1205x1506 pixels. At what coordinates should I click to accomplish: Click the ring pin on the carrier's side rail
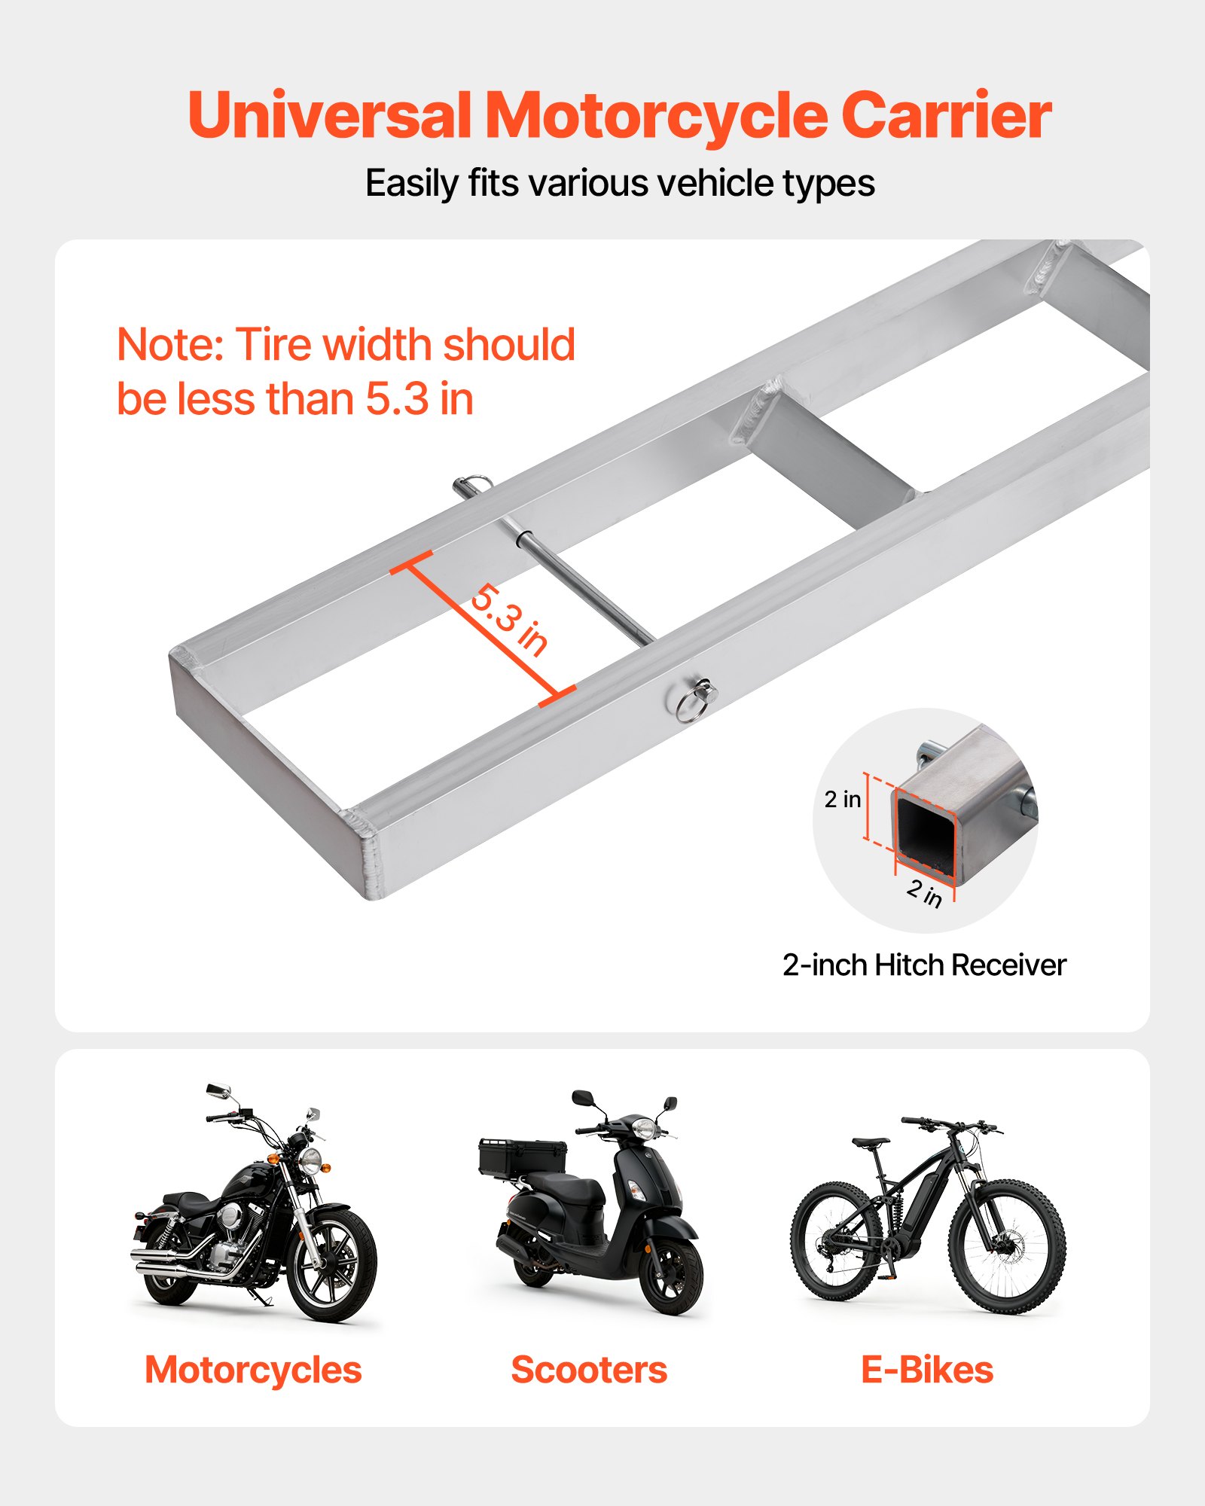click(694, 700)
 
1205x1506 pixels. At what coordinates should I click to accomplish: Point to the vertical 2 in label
click(842, 799)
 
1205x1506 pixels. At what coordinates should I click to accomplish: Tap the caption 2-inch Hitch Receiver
click(924, 965)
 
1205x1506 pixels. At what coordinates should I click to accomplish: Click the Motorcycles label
click(253, 1370)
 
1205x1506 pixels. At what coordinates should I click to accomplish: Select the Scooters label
click(589, 1370)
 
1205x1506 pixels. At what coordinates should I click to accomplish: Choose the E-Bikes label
click(927, 1370)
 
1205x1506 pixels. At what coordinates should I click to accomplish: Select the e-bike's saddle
click(871, 1142)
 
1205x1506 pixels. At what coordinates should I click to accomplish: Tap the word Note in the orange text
click(170, 345)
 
